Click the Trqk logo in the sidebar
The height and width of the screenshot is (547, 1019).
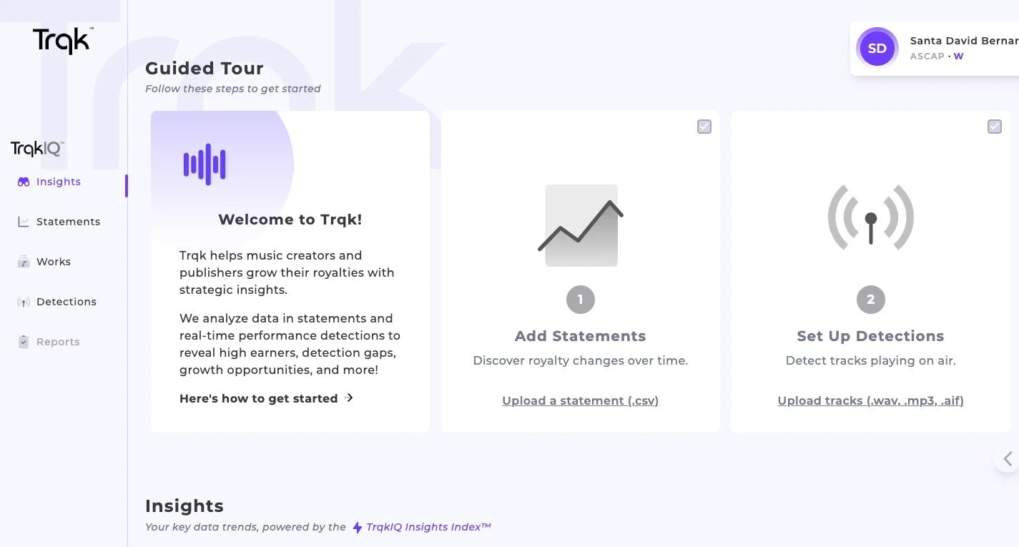[63, 41]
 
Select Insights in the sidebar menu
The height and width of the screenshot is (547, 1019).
[49, 182]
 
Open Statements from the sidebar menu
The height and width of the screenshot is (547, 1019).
[59, 222]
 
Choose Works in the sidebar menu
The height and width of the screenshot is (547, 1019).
[44, 262]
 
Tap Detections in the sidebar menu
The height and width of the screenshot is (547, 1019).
[57, 302]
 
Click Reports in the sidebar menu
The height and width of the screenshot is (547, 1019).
[49, 342]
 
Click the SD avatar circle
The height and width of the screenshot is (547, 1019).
[877, 48]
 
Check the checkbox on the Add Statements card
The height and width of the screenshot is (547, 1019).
[704, 127]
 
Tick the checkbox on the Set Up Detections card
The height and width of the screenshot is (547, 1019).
[995, 127]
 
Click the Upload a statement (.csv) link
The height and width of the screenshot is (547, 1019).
[581, 400]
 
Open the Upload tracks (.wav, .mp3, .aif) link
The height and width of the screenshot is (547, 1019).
[871, 400]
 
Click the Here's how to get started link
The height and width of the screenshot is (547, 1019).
[266, 399]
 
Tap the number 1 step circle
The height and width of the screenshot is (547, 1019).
[581, 300]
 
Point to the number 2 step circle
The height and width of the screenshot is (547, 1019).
[871, 300]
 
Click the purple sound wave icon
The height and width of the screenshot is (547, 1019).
[205, 164]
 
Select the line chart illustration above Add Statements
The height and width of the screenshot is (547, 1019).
[581, 225]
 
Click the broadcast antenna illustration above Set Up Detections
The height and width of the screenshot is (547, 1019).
[871, 217]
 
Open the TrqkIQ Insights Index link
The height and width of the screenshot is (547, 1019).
[422, 527]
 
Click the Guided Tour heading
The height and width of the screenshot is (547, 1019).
[205, 69]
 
